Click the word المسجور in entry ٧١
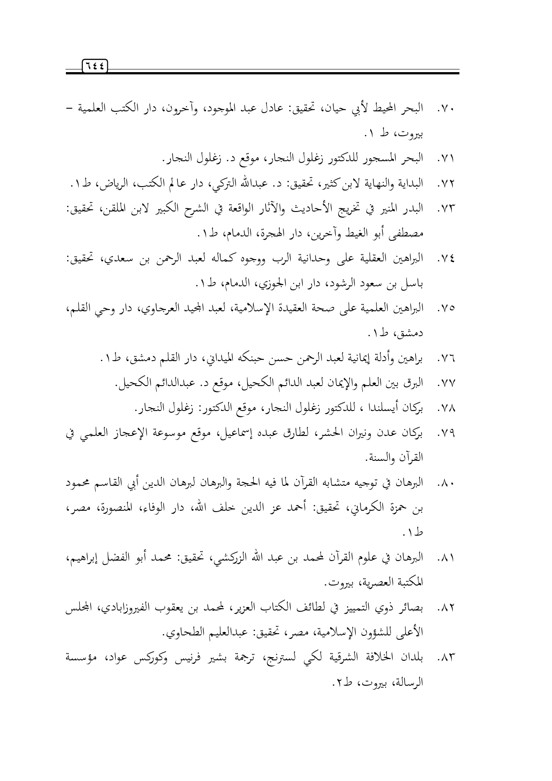pyautogui.click(x=381, y=158)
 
